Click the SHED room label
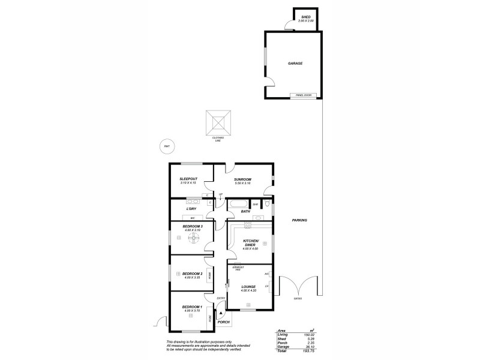pyautogui.click(x=305, y=17)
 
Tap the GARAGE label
pyautogui.click(x=294, y=63)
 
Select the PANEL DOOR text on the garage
pyautogui.click(x=303, y=95)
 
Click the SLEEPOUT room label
pyautogui.click(x=188, y=179)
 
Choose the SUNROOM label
pyautogui.click(x=242, y=179)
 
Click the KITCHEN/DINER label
pyautogui.click(x=250, y=242)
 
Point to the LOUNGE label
pyautogui.click(x=248, y=287)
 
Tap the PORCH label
pyautogui.click(x=224, y=322)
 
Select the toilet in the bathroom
pyautogui.click(x=267, y=204)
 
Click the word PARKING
pyautogui.click(x=299, y=220)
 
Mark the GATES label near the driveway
pyautogui.click(x=298, y=298)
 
